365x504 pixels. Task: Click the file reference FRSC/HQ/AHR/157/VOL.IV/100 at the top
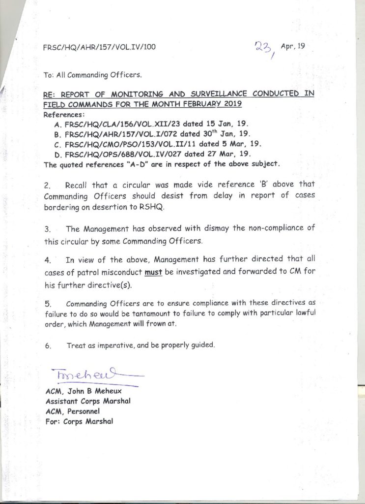pyautogui.click(x=99, y=47)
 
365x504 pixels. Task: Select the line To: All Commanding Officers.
pyautogui.click(x=92, y=75)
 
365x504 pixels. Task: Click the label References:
pyautogui.click(x=65, y=114)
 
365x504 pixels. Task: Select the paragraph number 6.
pyautogui.click(x=48, y=346)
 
